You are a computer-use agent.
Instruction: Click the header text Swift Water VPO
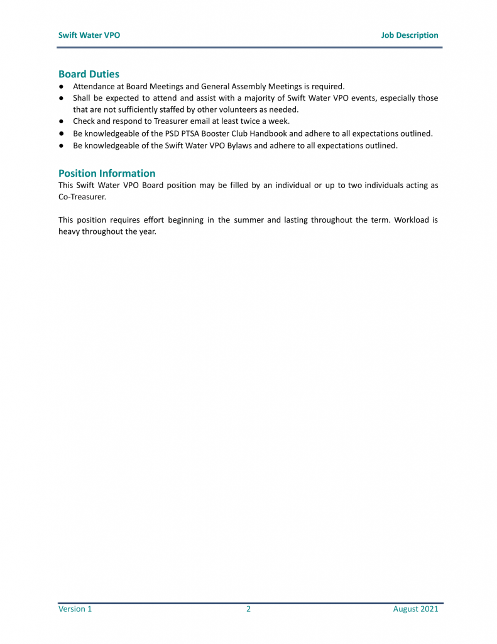coord(89,35)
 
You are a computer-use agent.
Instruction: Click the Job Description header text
coord(410,35)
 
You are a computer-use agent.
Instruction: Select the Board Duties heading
coord(89,74)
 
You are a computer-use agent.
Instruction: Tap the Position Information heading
coord(107,174)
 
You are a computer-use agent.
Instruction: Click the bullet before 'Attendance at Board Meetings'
coord(62,86)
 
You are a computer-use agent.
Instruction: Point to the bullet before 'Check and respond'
coord(62,121)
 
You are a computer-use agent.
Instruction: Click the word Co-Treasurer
coord(82,197)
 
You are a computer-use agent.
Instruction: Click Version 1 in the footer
coord(75,609)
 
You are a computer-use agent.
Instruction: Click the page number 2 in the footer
coord(248,609)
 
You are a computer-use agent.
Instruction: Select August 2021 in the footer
coord(415,609)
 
